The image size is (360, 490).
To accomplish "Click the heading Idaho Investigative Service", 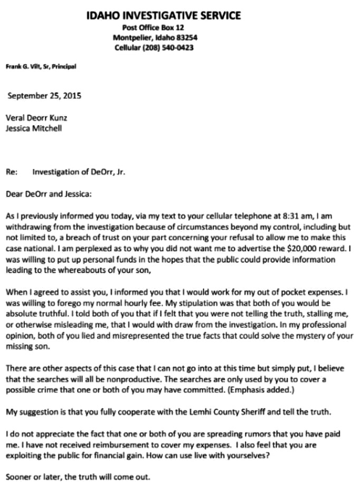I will (x=164, y=15).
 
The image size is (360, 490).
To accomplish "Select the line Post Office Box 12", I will (x=153, y=27).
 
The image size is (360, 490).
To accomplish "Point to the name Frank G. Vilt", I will (x=21, y=67).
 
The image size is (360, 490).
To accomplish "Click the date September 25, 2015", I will (x=44, y=96).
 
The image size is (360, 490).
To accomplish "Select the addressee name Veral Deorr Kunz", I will (x=36, y=118).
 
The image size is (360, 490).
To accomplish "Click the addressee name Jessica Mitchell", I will (x=34, y=128).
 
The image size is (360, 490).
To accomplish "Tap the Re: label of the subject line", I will (x=12, y=172).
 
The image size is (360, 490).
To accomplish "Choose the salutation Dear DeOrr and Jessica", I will (x=49, y=194).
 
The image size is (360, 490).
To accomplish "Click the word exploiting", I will (x=24, y=455).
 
